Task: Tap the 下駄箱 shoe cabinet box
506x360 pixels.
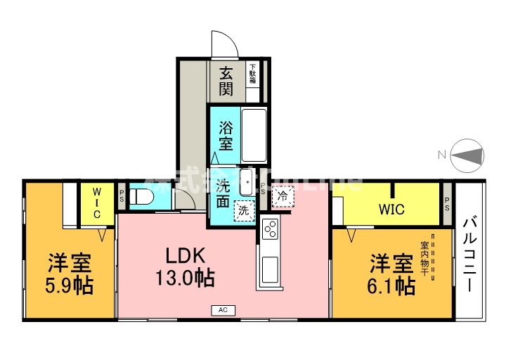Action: (252, 74)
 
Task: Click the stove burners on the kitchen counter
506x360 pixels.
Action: (271, 229)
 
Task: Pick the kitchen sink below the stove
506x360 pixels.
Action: (271, 268)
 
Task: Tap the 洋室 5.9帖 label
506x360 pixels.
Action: (69, 274)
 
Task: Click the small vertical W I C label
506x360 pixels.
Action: (97, 202)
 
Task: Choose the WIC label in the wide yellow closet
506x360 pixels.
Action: (391, 209)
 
